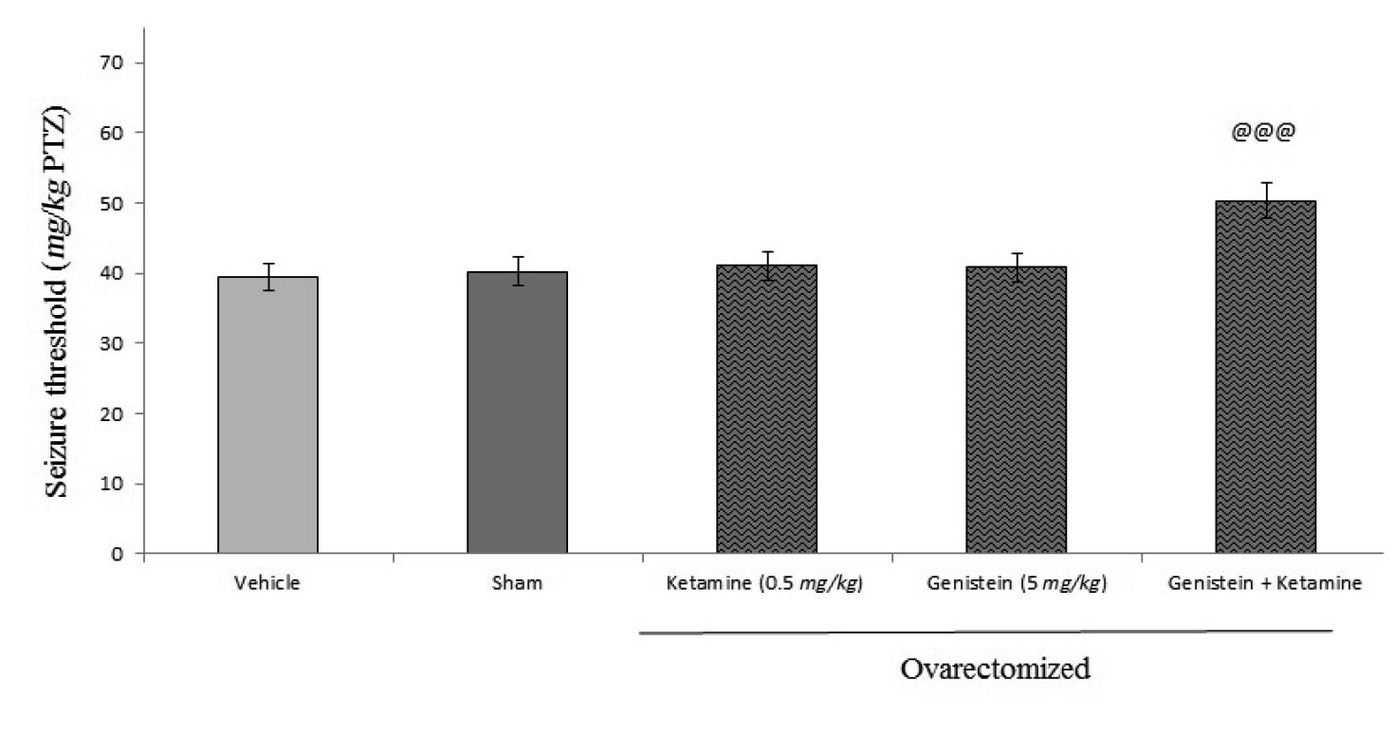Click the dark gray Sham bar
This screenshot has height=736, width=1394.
point(517,413)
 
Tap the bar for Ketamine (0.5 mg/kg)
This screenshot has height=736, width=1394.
point(766,409)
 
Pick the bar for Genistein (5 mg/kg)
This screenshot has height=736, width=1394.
point(1016,410)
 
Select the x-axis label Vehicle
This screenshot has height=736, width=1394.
point(267,583)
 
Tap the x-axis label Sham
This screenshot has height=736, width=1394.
point(517,583)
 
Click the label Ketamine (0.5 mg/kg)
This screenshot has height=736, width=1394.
point(766,583)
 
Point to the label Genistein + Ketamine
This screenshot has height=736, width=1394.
point(1265,583)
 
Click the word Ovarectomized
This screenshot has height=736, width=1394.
point(995,669)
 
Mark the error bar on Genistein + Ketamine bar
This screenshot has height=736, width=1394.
point(1265,200)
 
